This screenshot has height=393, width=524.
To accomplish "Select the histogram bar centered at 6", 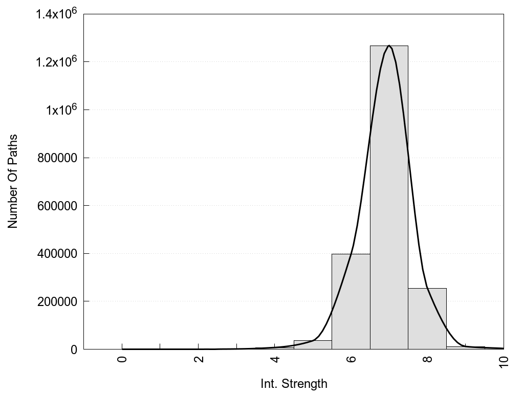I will (x=351, y=302).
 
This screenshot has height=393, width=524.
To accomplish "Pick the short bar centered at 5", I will (x=313, y=345).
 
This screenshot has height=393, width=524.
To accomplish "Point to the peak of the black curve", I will (x=389, y=46).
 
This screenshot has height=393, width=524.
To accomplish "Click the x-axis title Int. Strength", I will (x=294, y=383).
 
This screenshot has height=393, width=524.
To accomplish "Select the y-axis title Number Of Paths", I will (x=13, y=181).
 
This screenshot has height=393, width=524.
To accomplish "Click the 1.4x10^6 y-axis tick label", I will (x=56, y=14).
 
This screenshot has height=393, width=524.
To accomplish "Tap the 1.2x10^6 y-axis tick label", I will (x=56, y=62).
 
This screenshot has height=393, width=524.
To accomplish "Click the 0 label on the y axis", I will (x=74, y=350).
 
